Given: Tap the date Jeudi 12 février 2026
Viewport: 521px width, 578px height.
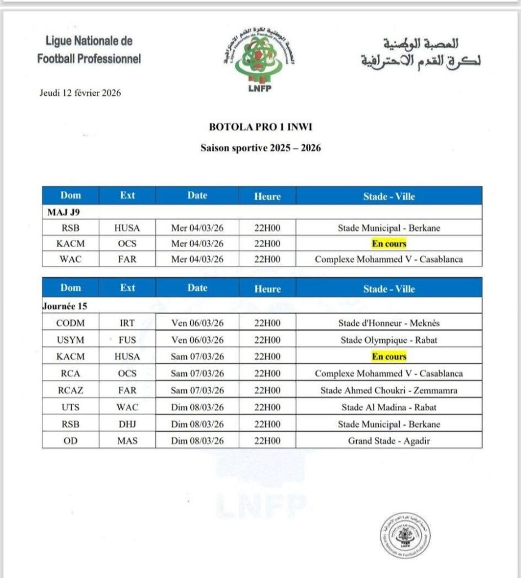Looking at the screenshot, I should tap(80, 93).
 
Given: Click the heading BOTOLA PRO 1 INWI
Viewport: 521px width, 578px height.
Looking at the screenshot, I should tap(261, 128).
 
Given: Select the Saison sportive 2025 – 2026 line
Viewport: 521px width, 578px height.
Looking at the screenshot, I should tap(261, 148).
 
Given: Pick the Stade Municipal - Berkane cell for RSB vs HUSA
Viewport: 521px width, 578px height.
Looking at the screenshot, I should tap(389, 228).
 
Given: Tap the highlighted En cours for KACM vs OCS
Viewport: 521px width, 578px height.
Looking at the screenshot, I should tap(389, 244).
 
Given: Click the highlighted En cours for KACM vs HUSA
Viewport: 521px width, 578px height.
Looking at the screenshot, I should tap(389, 357).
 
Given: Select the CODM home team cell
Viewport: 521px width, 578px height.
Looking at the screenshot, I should tap(71, 323).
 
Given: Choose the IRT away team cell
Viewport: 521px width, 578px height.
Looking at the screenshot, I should tap(128, 323).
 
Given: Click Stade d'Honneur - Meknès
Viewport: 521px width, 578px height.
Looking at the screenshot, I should tap(389, 323).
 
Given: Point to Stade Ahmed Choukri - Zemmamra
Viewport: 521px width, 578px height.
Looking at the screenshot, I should tap(389, 390).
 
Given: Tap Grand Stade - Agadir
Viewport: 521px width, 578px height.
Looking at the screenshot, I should tap(389, 440).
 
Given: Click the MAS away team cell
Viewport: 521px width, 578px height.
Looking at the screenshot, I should tap(128, 440).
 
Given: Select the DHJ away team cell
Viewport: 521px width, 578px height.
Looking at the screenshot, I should tap(128, 424).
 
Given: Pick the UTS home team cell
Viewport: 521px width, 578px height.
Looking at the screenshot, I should tap(71, 407).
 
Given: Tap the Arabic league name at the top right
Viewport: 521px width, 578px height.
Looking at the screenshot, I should tap(421, 52).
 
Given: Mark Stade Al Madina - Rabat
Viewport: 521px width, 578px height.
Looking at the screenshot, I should tap(389, 407).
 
